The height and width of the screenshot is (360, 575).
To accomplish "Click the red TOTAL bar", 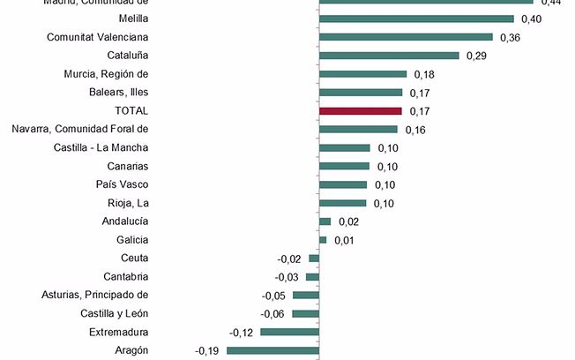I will (x=361, y=111).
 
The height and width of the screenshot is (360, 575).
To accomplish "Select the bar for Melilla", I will (x=416, y=19).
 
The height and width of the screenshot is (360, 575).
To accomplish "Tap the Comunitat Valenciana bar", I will (x=406, y=37).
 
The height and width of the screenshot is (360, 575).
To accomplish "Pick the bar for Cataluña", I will (x=389, y=56).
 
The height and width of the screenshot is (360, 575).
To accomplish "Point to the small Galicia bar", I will (x=323, y=240).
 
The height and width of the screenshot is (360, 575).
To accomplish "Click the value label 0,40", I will (x=532, y=19).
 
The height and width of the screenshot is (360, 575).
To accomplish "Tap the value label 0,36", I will (x=511, y=37).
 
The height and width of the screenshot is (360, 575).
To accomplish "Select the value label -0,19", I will (x=207, y=350).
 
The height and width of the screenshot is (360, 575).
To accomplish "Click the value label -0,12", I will (x=242, y=332).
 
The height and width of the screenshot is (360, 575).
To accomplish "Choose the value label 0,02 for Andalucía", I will (x=348, y=221).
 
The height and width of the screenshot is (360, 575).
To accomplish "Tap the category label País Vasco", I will (x=122, y=184).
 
